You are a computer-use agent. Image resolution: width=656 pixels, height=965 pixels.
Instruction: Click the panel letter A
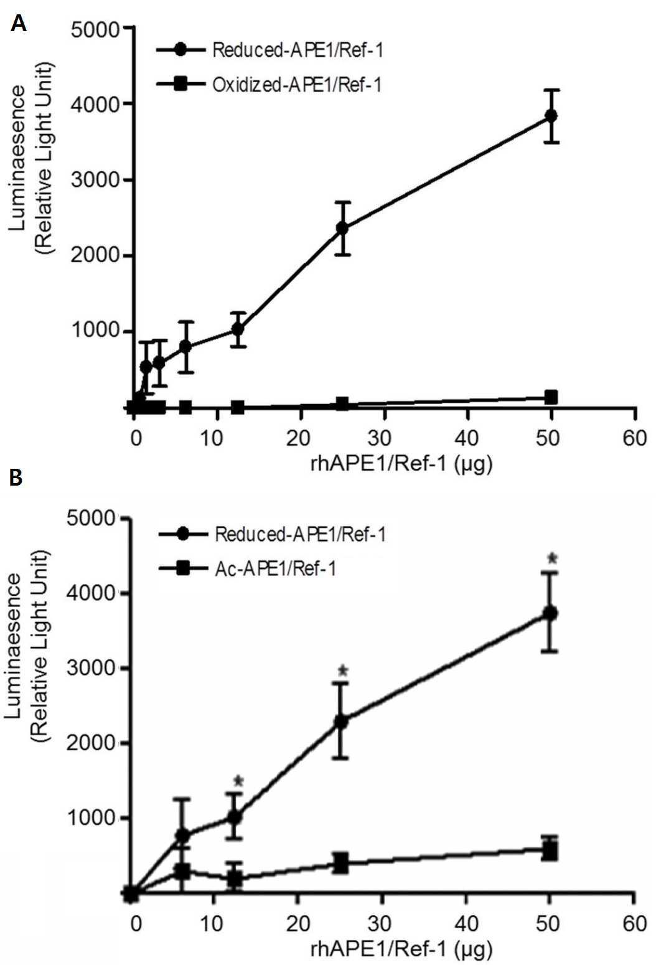point(19,23)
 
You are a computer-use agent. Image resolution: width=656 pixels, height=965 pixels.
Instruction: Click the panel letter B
point(16,478)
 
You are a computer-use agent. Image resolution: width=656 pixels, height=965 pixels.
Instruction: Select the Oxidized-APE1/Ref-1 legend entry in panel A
point(269,85)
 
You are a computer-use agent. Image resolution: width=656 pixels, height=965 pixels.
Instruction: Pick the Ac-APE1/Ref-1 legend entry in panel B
point(248,569)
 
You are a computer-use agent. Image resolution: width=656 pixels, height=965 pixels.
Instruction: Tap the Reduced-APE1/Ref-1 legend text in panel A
point(298,50)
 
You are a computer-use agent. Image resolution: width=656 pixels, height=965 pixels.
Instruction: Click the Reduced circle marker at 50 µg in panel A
point(551,116)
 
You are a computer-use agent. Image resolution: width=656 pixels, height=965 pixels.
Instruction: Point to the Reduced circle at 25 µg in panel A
point(342,228)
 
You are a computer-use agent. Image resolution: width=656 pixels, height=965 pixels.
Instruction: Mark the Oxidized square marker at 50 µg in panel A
point(551,397)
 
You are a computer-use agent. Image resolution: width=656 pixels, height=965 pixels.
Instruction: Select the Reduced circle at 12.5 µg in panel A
point(238,329)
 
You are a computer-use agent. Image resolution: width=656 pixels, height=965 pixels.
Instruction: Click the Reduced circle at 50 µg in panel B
point(550,613)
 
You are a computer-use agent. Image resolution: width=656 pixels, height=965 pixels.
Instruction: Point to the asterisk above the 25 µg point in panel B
point(344,671)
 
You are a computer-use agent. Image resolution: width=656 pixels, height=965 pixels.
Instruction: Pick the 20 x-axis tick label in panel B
point(299,923)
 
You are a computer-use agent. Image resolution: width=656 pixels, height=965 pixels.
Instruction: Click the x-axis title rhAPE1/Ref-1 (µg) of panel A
point(401,465)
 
